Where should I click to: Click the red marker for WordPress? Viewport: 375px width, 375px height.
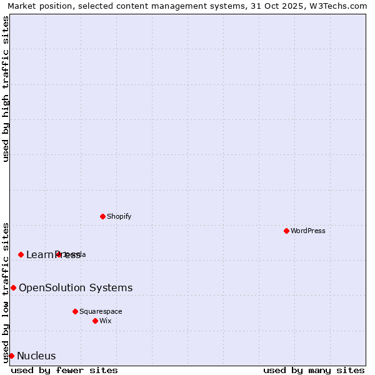coord(286,231)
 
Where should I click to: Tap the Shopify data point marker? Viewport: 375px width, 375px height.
coord(102,216)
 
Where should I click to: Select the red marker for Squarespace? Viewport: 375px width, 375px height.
coord(75,311)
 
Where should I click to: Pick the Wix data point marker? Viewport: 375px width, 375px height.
coord(95,321)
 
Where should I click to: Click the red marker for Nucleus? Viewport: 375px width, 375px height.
coord(11,356)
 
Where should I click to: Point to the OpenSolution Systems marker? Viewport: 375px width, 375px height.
coord(13,287)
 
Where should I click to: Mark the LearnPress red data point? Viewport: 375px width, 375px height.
coord(21,254)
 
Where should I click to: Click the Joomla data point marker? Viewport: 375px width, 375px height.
coord(58,254)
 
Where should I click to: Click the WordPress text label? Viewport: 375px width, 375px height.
coord(308,231)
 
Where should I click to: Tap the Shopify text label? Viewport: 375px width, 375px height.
coord(119,216)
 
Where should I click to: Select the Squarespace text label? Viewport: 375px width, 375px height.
coord(101,311)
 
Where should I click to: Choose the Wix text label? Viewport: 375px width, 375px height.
coord(106,321)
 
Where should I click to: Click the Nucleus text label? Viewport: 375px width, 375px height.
coord(36,356)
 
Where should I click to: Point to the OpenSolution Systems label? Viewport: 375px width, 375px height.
coord(76,287)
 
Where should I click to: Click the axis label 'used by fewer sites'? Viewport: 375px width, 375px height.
coord(64,370)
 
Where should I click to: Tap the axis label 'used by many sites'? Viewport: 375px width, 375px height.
coord(314,370)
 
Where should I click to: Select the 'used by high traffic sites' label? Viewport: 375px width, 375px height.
coord(6,89)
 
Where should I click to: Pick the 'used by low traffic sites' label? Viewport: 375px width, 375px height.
coord(6,292)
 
